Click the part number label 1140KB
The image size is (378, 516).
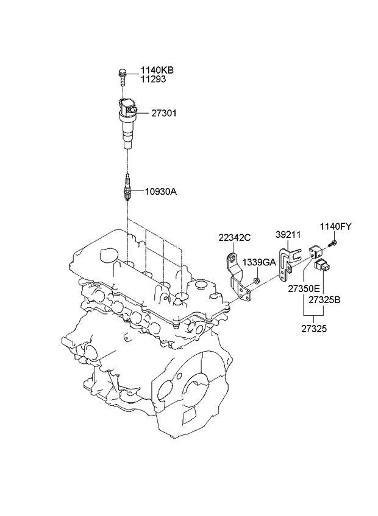(x=157, y=70)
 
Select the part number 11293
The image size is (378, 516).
(x=154, y=79)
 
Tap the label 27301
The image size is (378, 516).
(x=164, y=113)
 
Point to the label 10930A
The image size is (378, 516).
(x=161, y=192)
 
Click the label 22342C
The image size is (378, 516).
(x=235, y=237)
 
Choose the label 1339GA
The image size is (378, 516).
(x=259, y=262)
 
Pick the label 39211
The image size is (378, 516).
(x=288, y=235)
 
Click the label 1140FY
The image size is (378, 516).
(x=336, y=226)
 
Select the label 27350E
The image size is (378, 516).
(x=304, y=289)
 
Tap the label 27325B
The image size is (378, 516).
(x=324, y=300)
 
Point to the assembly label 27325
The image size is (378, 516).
(x=314, y=329)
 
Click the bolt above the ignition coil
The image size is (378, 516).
(x=122, y=77)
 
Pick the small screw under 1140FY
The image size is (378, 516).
(x=332, y=244)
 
